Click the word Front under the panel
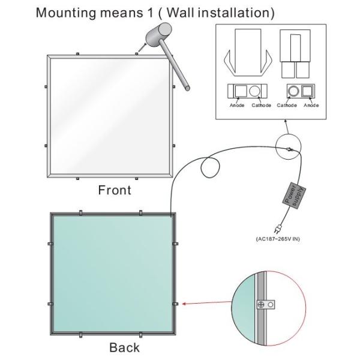click(x=115, y=190)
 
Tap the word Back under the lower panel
click(x=124, y=347)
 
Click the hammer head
click(x=158, y=34)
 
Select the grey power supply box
click(x=294, y=196)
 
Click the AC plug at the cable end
click(x=278, y=229)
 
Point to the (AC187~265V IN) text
click(x=278, y=239)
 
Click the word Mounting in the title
click(x=66, y=13)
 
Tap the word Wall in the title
click(x=181, y=13)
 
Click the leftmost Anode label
click(x=237, y=106)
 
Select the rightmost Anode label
click(x=311, y=106)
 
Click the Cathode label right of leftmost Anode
click(x=261, y=106)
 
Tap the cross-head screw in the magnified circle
click(x=261, y=305)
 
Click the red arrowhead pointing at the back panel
click(x=184, y=304)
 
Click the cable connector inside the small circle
click(x=289, y=149)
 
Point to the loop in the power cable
click(x=210, y=167)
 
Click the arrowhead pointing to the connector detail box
click(x=286, y=121)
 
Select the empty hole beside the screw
click(x=271, y=305)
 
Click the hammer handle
click(x=175, y=65)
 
